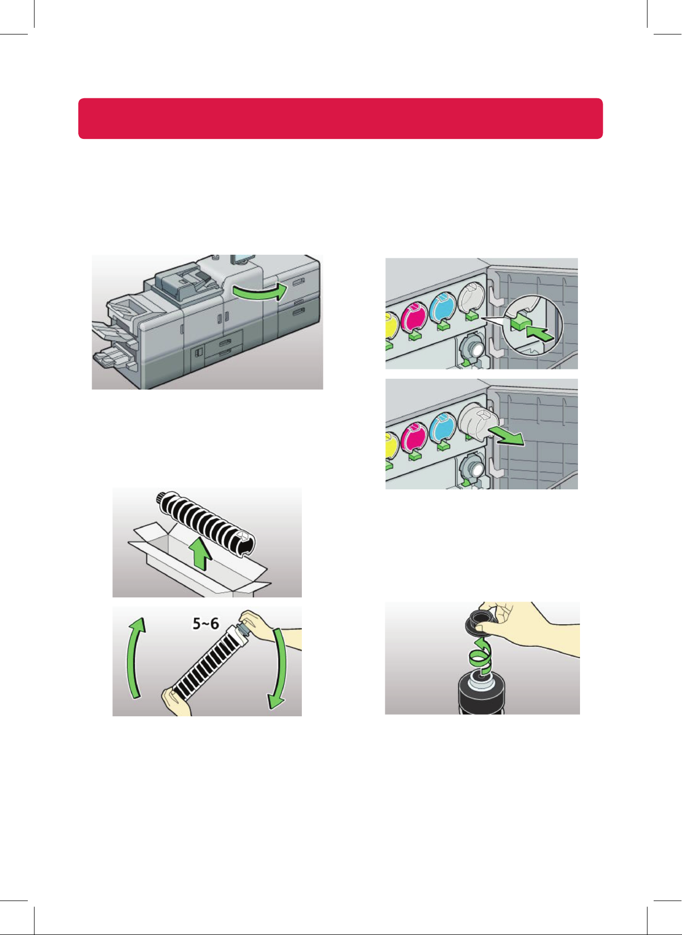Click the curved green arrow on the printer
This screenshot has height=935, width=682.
tap(259, 292)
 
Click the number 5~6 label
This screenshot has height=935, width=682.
tap(206, 624)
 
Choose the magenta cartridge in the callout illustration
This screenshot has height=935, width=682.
tap(415, 317)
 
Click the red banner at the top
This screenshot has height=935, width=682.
tap(340, 118)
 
